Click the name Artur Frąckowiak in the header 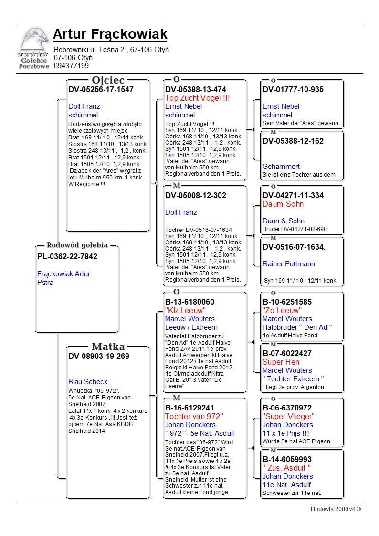point(110,34)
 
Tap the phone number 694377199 point(71,66)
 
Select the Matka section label point(108,347)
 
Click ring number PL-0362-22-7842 point(67,257)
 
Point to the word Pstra point(45,283)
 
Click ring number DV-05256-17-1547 point(101,90)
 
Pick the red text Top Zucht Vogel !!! point(197,98)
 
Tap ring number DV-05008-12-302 point(196,196)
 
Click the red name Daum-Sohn point(283,204)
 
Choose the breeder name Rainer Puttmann point(288,264)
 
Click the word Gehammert point(281,167)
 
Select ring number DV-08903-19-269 point(98,357)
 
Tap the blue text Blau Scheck point(88,382)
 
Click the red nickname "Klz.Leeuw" point(185,310)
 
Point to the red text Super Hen point(281,362)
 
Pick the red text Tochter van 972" point(194,416)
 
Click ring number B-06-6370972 point(287,408)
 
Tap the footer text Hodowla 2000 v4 point(336,509)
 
